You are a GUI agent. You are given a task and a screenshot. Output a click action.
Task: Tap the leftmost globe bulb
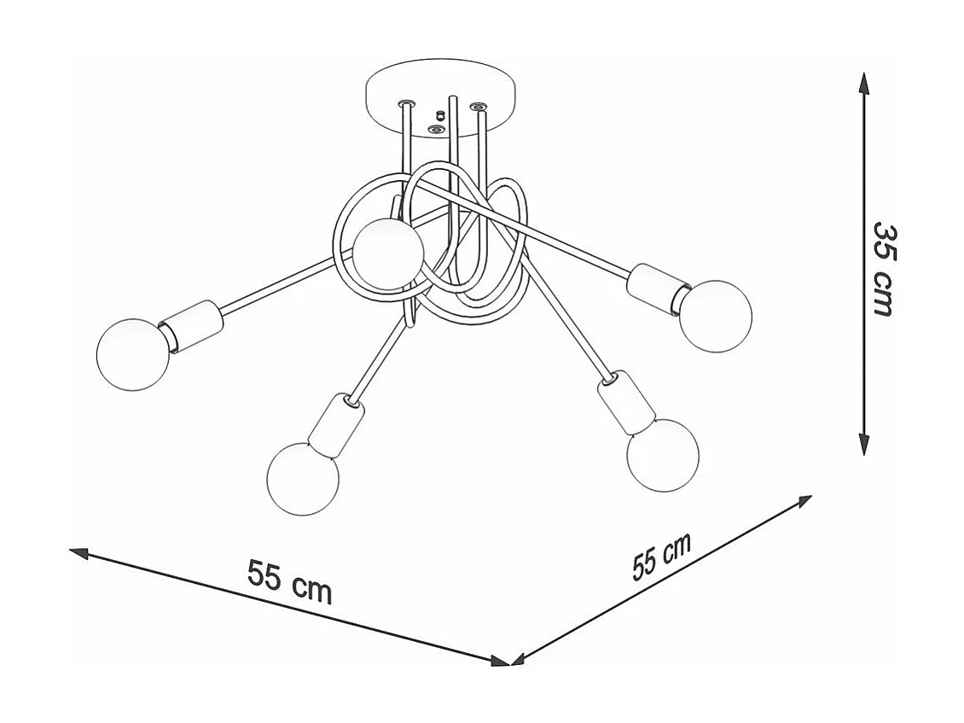pos(133,354)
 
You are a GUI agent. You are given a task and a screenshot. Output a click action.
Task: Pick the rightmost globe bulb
pos(716,316)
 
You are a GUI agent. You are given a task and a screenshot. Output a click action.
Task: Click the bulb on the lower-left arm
pos(303,479)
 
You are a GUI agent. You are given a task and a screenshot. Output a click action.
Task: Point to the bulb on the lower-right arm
pos(662,455)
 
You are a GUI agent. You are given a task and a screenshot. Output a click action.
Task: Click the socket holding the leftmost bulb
pos(192,325)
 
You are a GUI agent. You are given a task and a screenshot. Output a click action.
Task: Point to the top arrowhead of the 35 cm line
pos(865,83)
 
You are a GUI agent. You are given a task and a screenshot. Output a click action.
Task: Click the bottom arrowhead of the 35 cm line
pos(865,444)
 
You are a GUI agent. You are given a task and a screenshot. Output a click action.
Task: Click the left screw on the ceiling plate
pos(407,103)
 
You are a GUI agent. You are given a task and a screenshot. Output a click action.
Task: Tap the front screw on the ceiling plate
pos(437,130)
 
